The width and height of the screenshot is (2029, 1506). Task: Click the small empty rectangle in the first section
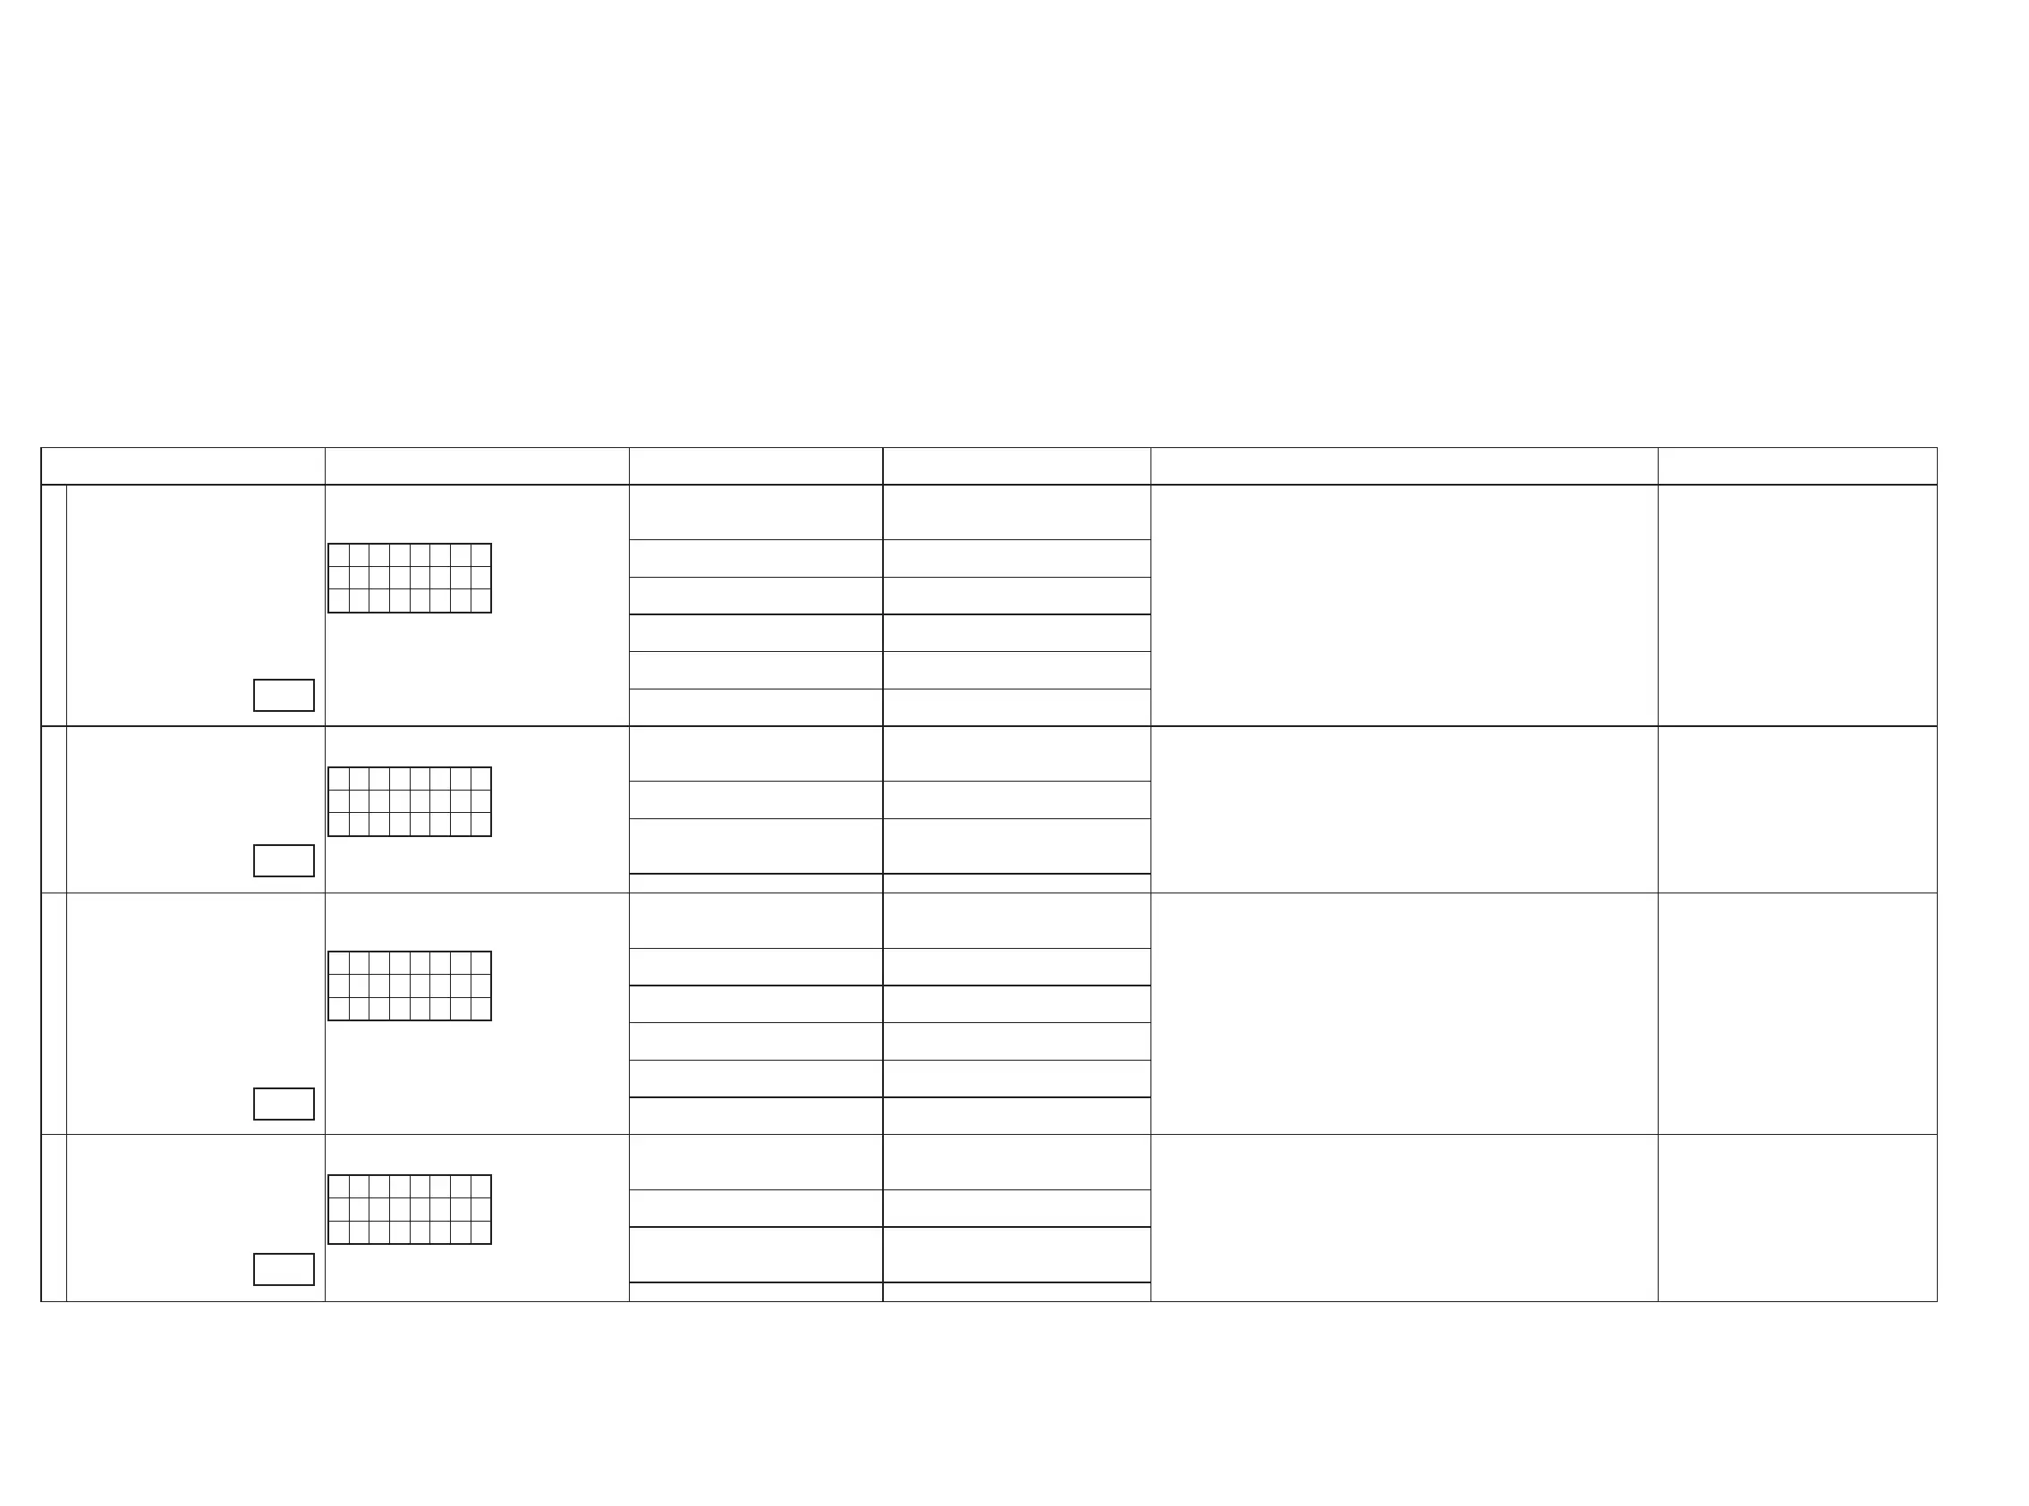tap(284, 695)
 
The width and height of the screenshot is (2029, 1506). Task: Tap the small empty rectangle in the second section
tap(284, 860)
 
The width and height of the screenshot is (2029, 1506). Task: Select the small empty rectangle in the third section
tap(284, 1103)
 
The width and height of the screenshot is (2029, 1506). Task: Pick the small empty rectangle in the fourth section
tap(284, 1269)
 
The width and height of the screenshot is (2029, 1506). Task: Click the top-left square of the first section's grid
tap(338, 555)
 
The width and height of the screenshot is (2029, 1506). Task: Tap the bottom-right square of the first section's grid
tap(480, 601)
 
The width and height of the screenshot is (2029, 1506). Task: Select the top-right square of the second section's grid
tap(480, 779)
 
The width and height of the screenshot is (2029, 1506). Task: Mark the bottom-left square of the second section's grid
tap(338, 825)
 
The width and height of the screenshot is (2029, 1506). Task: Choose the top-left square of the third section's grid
tap(338, 962)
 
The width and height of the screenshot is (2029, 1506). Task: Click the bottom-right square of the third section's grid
tap(480, 1008)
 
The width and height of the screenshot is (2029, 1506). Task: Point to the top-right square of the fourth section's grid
tap(480, 1186)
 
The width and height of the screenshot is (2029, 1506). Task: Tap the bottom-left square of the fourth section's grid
tap(338, 1231)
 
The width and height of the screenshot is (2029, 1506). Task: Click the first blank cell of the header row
tap(183, 466)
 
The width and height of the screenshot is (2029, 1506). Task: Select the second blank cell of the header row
tap(477, 466)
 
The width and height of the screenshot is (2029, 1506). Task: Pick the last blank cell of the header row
tap(1796, 466)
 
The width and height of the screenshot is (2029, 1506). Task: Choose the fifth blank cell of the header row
tap(1404, 466)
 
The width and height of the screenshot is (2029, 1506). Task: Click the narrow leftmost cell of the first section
tap(54, 605)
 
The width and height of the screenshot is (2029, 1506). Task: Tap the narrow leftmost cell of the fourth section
tap(54, 1218)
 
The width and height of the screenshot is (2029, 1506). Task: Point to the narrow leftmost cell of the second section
tap(54, 809)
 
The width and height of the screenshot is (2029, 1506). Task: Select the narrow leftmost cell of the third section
tap(54, 1014)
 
